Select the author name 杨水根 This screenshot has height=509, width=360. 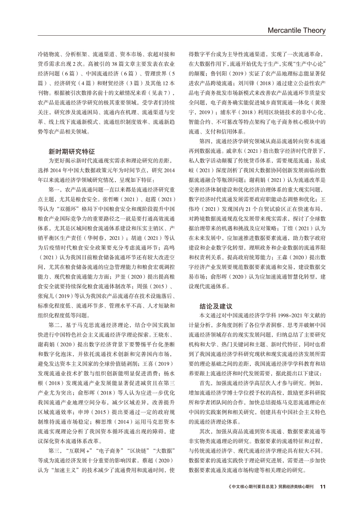point(167,371)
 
